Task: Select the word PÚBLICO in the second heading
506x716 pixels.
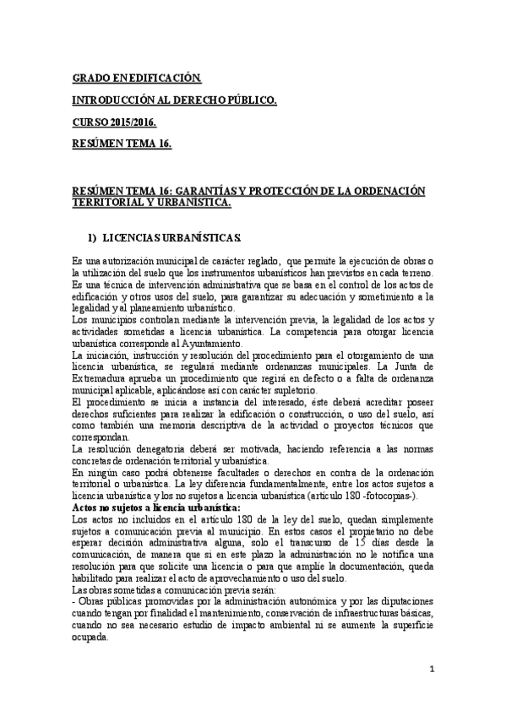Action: (246, 101)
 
